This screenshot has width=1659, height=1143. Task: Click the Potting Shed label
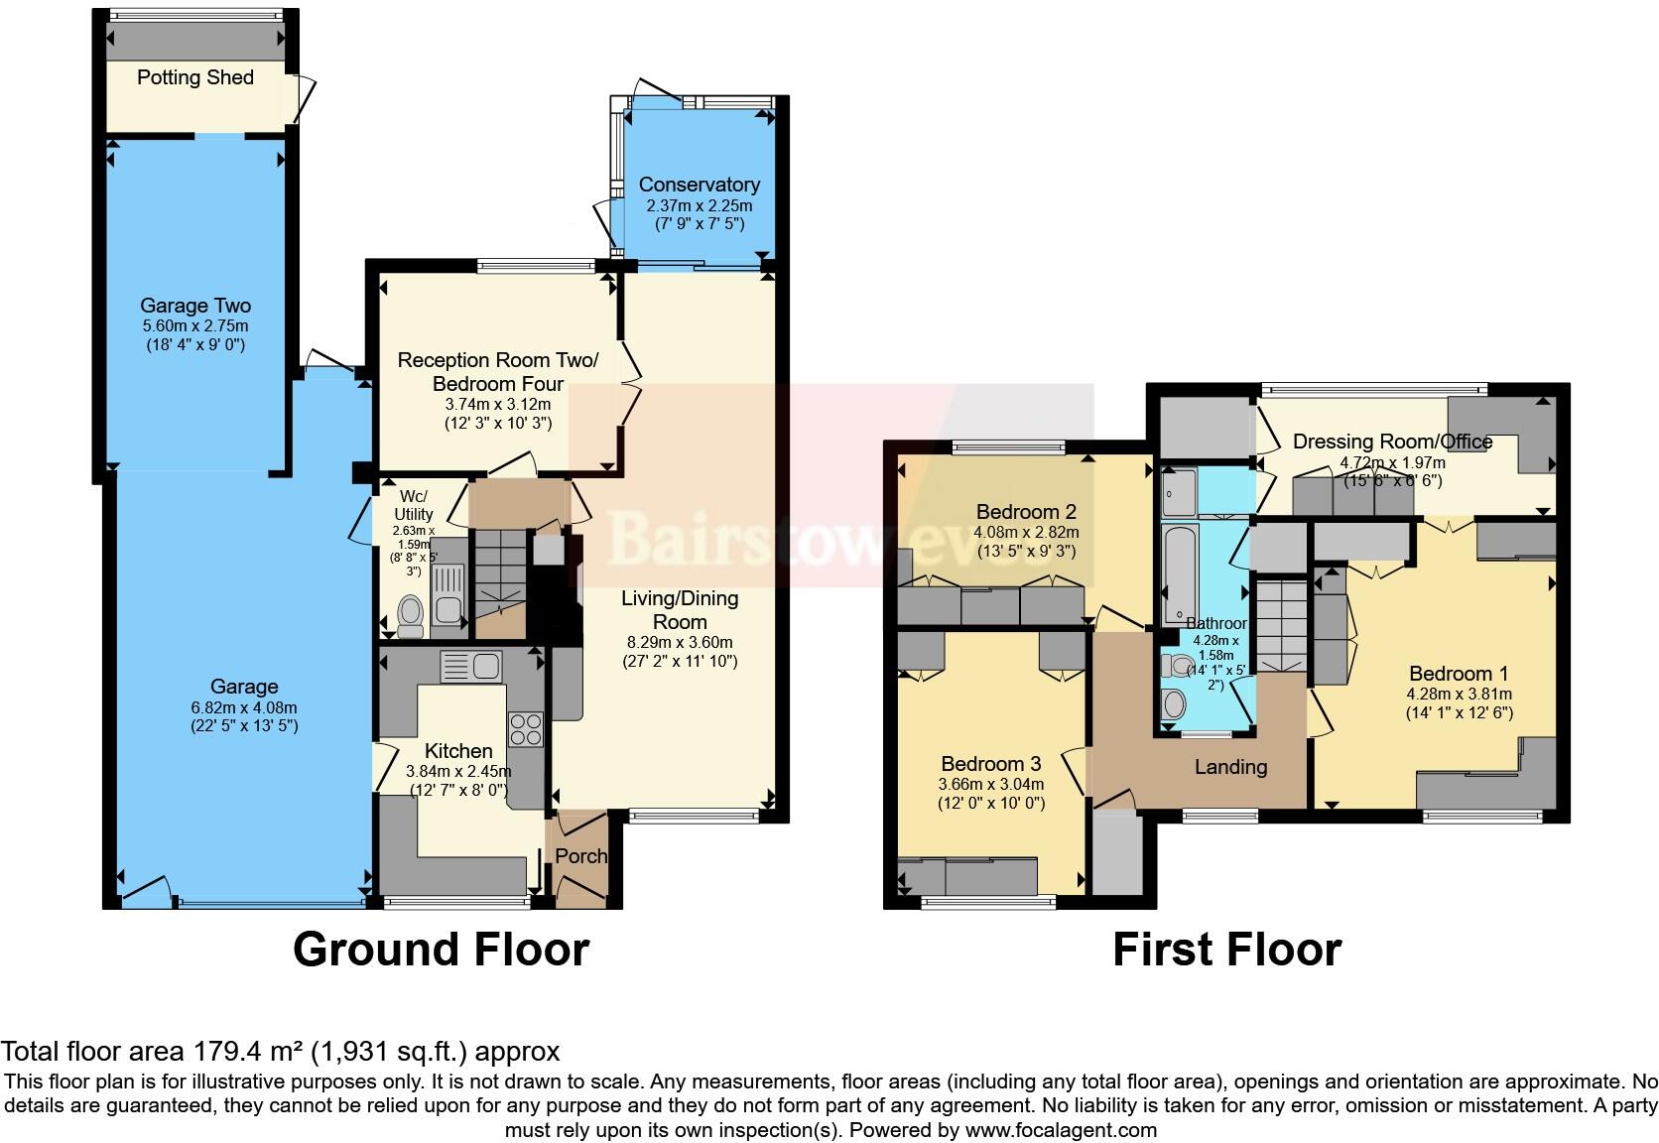click(x=195, y=77)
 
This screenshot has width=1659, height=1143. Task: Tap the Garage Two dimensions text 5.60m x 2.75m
click(x=195, y=325)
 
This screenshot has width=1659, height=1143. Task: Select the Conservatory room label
click(x=700, y=185)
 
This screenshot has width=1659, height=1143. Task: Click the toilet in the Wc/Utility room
click(x=409, y=616)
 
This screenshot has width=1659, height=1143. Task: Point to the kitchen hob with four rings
click(x=525, y=729)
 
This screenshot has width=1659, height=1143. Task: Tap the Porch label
click(x=580, y=855)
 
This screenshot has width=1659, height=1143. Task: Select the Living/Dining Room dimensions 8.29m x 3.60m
click(x=680, y=642)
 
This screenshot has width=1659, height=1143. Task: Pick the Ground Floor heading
click(x=441, y=950)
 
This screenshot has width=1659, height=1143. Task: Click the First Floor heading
click(x=1226, y=950)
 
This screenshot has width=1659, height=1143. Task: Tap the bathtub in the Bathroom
click(x=1180, y=573)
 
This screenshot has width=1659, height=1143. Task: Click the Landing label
click(x=1230, y=766)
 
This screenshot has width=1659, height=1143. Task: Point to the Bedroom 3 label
click(x=990, y=764)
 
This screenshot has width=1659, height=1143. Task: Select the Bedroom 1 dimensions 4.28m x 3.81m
click(x=1459, y=694)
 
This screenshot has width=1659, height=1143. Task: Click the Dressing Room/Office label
click(x=1392, y=442)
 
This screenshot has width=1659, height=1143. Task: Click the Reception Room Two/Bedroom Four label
click(x=498, y=371)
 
